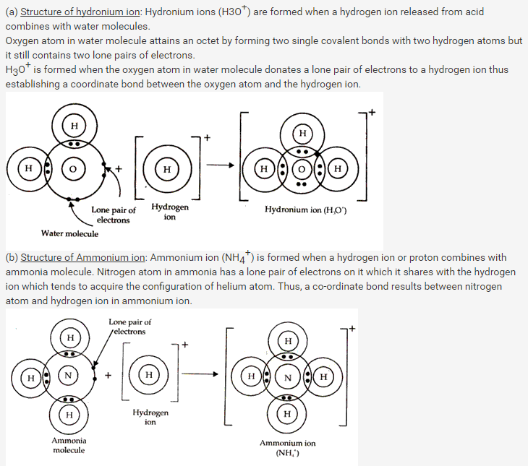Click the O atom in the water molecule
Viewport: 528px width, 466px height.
(72, 169)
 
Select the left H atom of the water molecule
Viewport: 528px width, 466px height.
(28, 169)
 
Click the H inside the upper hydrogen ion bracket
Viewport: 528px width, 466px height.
(167, 169)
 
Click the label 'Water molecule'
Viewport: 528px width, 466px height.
(69, 233)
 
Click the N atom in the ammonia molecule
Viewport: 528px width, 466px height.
(69, 376)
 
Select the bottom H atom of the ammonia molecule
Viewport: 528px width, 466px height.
(69, 415)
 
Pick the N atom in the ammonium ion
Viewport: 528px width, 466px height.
(287, 376)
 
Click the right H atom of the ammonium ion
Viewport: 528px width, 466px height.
(323, 376)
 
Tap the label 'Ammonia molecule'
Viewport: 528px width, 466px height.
(69, 445)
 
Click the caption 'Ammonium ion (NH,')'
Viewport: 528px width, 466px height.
(288, 448)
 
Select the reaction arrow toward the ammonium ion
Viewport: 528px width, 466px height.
(205, 374)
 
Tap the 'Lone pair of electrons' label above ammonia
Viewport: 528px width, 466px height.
(130, 327)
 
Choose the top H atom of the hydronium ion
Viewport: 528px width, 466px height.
(302, 133)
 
